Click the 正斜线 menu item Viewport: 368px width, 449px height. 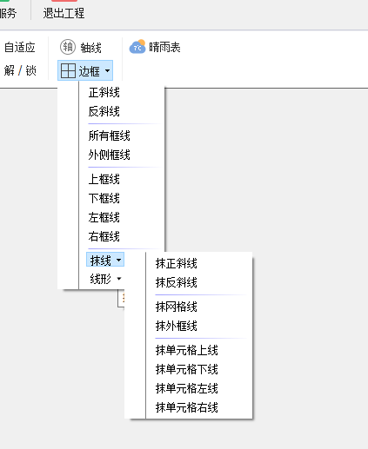pyautogui.click(x=104, y=93)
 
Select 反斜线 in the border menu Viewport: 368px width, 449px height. pyautogui.click(x=104, y=111)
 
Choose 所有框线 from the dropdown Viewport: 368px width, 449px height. pyautogui.click(x=110, y=135)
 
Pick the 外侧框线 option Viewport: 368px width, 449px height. pyautogui.click(x=110, y=155)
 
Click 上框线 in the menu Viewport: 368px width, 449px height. pyautogui.click(x=104, y=179)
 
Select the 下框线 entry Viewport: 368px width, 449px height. pyautogui.click(x=104, y=198)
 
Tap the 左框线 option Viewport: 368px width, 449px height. pyautogui.click(x=104, y=217)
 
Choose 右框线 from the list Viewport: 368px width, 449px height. pyautogui.click(x=104, y=236)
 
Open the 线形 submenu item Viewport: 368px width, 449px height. pyautogui.click(x=105, y=279)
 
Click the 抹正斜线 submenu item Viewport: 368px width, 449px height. pyautogui.click(x=177, y=263)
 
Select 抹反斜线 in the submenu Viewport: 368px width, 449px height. pyautogui.click(x=177, y=282)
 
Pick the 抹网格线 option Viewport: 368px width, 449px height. pyautogui.click(x=177, y=307)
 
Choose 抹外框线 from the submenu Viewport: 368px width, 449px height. pyautogui.click(x=177, y=326)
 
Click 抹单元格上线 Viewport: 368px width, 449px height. pyautogui.click(x=187, y=350)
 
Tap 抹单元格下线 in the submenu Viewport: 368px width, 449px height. pyautogui.click(x=187, y=369)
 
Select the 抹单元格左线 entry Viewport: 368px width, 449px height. pyautogui.click(x=187, y=388)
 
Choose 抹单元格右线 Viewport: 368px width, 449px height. pyautogui.click(x=187, y=407)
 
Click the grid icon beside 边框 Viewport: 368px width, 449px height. pyautogui.click(x=68, y=70)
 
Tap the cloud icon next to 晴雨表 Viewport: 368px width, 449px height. pyautogui.click(x=137, y=47)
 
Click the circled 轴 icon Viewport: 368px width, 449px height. pyautogui.click(x=68, y=47)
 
